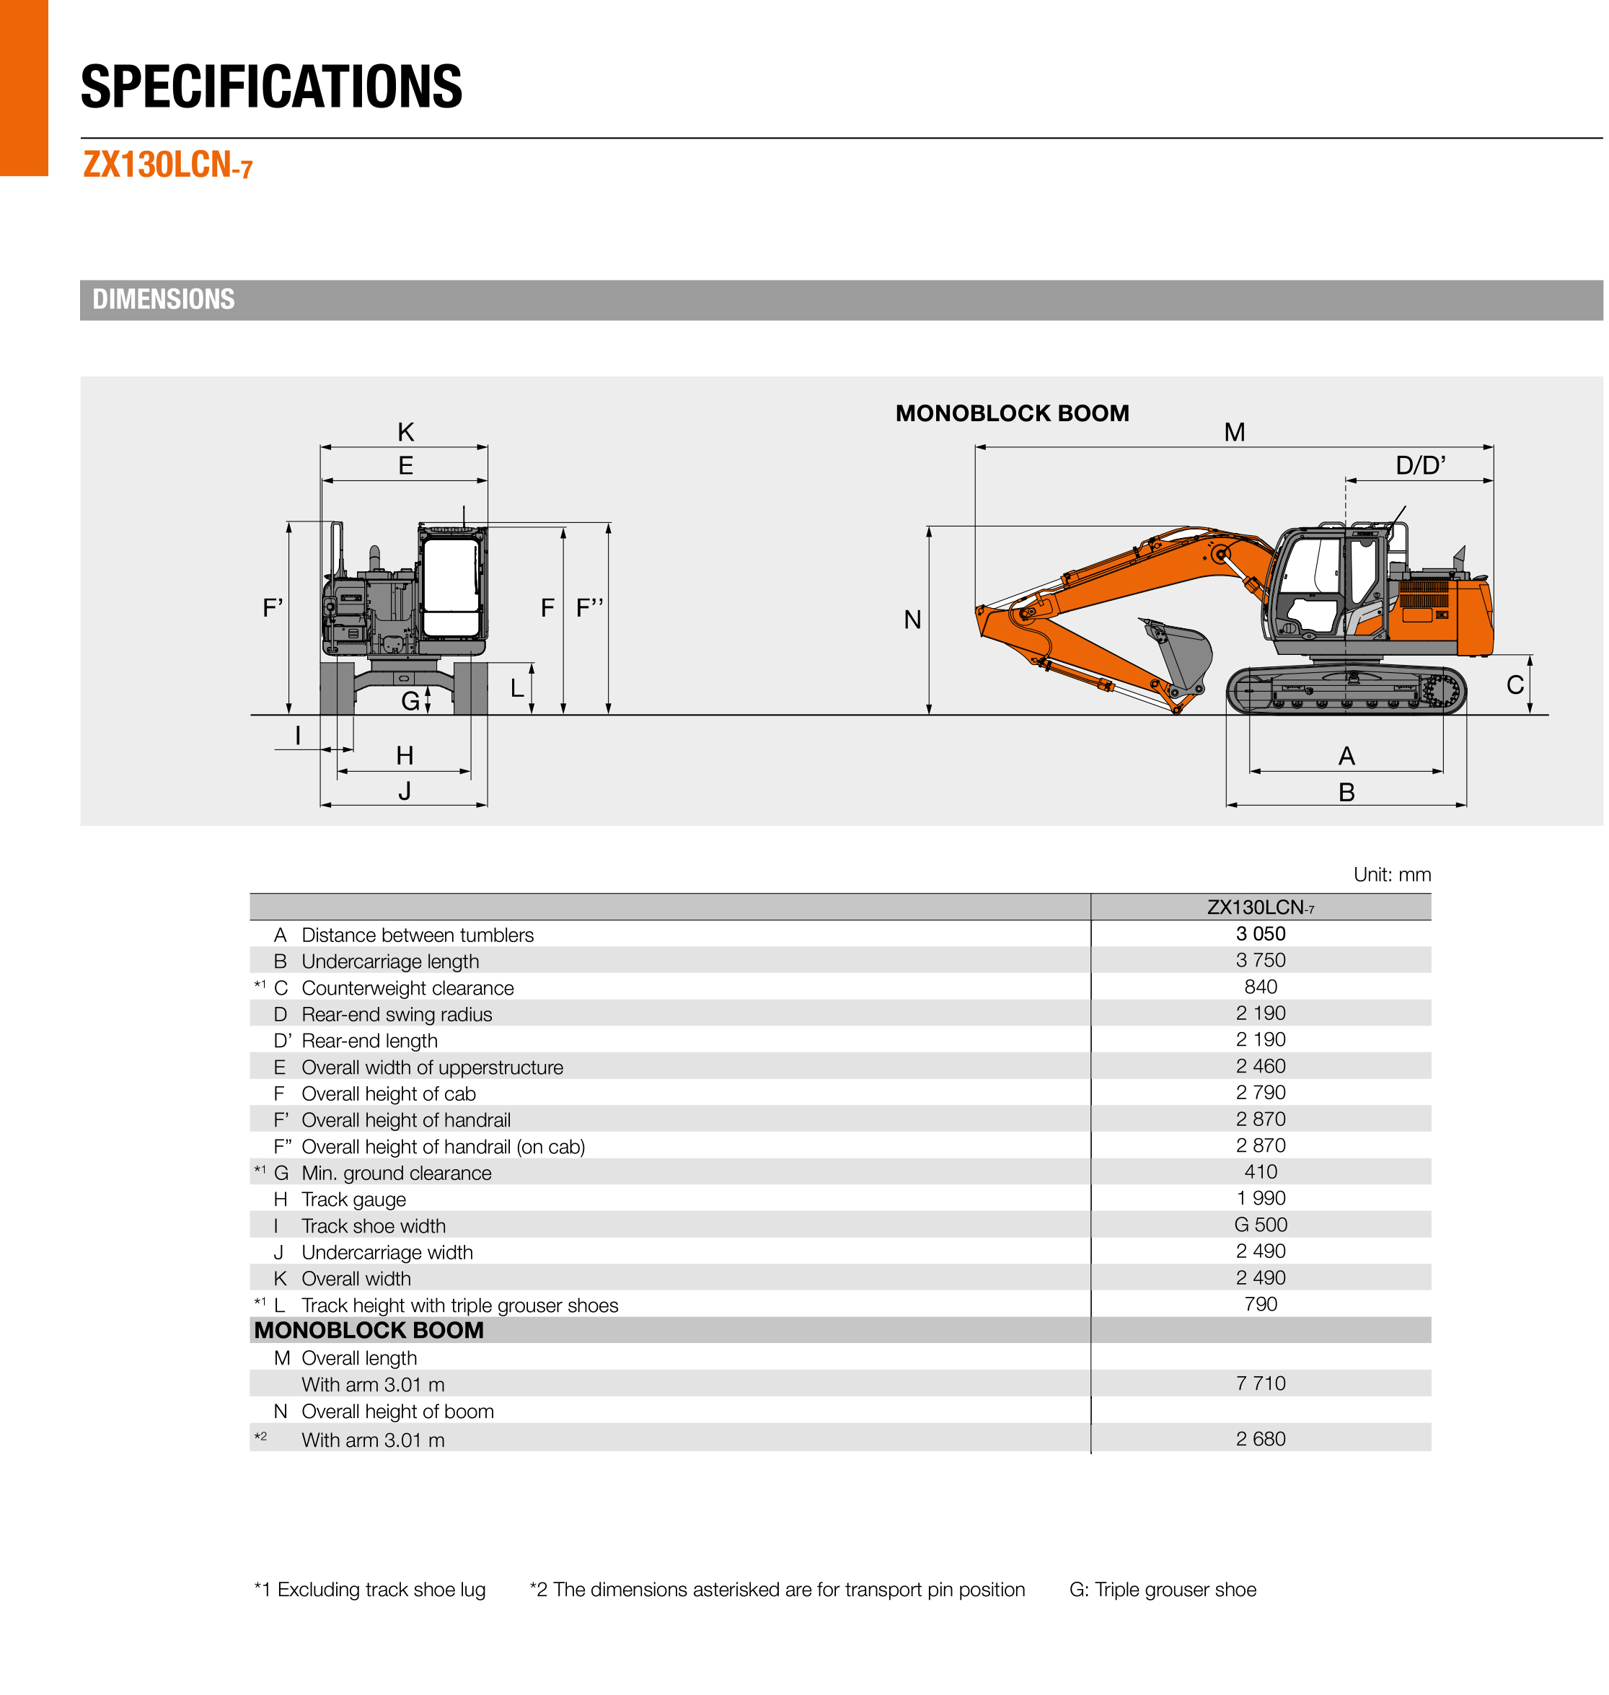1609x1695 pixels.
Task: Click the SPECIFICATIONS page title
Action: point(271,87)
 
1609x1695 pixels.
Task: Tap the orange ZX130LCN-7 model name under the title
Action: point(168,164)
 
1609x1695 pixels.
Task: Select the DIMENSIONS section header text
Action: point(163,299)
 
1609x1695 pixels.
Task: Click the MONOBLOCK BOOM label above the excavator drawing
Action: point(1012,413)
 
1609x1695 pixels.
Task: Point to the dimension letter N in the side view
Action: point(912,620)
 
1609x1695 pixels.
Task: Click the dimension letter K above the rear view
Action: point(406,432)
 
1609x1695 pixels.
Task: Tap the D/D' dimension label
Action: point(1420,466)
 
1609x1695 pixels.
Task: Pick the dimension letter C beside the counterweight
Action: point(1515,684)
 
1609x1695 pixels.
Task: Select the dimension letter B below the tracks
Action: point(1346,793)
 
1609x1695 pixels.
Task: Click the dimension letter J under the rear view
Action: point(405,791)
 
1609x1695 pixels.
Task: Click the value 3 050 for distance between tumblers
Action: point(1260,933)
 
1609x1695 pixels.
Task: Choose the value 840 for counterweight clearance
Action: point(1260,987)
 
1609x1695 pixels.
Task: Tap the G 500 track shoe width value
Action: point(1260,1224)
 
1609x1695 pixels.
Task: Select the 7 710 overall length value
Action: point(1260,1383)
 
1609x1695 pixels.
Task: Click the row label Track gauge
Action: point(353,1199)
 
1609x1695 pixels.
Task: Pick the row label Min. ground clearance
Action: point(396,1173)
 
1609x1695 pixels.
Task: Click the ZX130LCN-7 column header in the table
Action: point(1260,907)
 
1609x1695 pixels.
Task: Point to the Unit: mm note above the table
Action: point(1391,874)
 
